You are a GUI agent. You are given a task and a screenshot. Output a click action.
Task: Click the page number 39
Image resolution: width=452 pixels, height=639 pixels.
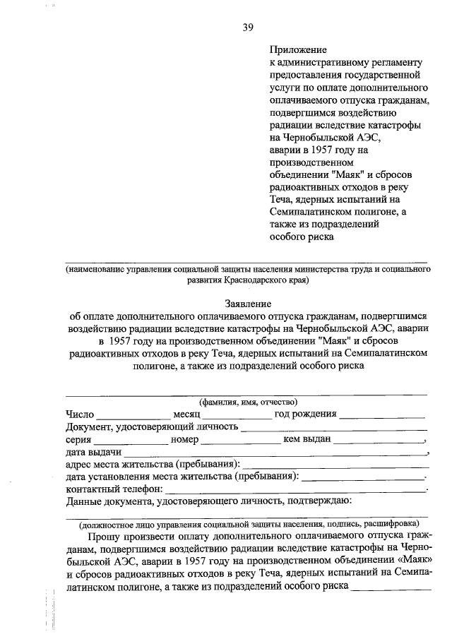[x=247, y=28]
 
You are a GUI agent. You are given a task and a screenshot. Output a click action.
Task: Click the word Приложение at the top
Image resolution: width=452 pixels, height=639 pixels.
[x=298, y=50]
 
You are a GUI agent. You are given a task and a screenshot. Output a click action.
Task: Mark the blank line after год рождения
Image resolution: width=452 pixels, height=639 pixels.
[x=382, y=417]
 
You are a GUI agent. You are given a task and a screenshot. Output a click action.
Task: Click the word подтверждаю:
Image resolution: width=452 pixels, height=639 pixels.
[x=315, y=502]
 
